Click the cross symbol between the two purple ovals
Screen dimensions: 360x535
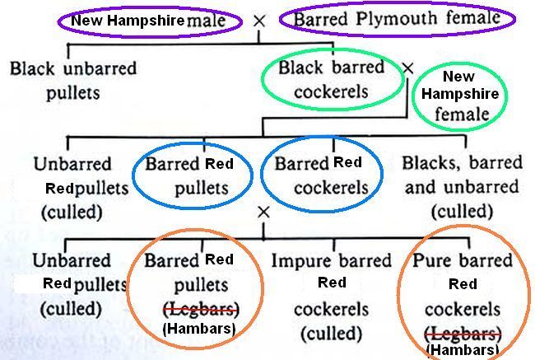(x=260, y=20)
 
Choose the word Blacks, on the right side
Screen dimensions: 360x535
(x=433, y=163)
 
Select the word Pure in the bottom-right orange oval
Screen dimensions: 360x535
(x=435, y=262)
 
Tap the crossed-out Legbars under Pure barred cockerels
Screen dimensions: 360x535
(x=462, y=333)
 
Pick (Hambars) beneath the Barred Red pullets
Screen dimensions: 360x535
(x=198, y=329)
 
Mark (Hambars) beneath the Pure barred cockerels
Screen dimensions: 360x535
(x=462, y=350)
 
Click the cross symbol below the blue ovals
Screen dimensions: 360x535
(x=263, y=213)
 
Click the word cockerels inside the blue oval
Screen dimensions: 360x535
(x=321, y=187)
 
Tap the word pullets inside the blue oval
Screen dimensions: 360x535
(x=201, y=189)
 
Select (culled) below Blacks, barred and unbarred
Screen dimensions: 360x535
(x=461, y=212)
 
